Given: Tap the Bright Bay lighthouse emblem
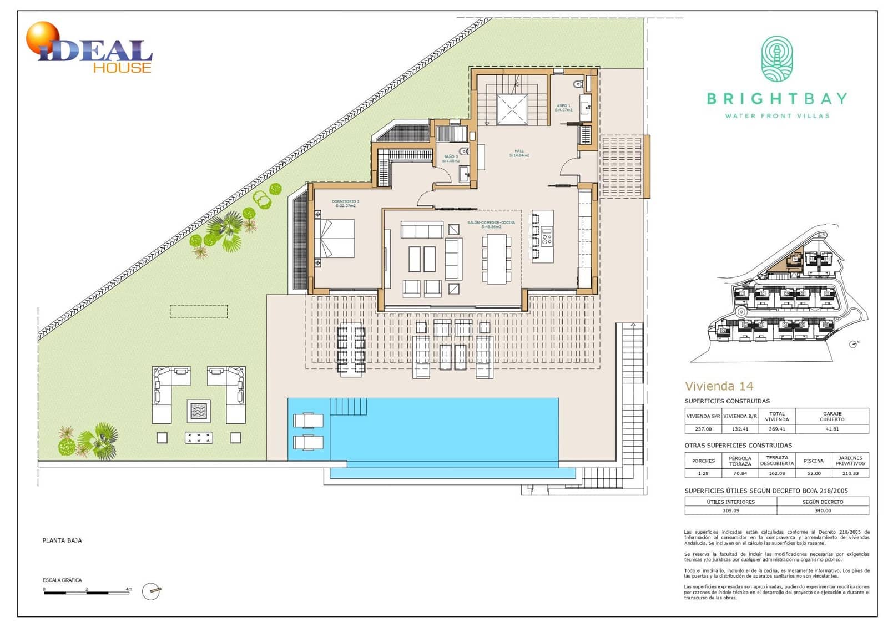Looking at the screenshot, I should point(776,59).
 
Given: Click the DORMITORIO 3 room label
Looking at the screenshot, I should point(345,203).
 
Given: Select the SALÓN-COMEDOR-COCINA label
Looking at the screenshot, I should point(491,224).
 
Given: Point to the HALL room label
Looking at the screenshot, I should point(519,153).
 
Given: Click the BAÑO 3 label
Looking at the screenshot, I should point(451,159).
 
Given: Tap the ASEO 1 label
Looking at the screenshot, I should point(563,108).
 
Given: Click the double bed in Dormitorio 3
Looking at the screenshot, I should point(335,239).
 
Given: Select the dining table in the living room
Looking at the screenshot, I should point(497,259).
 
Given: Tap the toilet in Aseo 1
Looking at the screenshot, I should point(578,84).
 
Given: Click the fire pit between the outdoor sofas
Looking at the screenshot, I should point(199,411).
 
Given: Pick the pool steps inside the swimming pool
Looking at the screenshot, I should point(348,406).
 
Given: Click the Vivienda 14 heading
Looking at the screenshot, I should point(719,386).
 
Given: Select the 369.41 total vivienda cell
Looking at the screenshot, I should point(776,429).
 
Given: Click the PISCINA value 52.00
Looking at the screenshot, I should point(814,473).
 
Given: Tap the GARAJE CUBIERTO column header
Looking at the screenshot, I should point(832,416).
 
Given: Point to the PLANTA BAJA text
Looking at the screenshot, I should point(62,540).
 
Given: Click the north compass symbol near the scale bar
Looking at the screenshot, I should point(151,591).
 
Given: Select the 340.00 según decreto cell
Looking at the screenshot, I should point(823,510).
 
